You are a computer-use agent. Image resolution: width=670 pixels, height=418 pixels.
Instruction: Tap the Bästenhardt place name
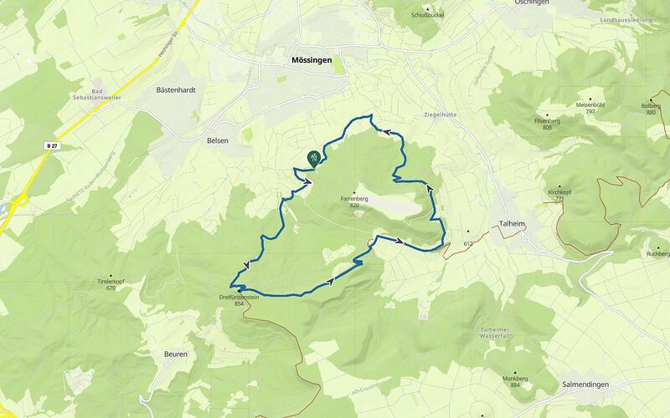[175, 89]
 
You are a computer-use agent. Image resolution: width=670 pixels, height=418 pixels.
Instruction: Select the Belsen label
[218, 141]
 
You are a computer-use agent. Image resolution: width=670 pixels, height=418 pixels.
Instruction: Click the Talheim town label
[513, 224]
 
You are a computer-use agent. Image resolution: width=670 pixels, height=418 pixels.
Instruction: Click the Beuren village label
[174, 354]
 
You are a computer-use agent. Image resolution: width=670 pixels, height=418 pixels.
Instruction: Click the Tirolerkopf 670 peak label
[111, 284]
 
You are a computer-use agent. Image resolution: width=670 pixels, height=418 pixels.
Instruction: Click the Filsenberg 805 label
[547, 123]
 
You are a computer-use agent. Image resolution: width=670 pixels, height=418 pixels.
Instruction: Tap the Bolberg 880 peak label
[651, 109]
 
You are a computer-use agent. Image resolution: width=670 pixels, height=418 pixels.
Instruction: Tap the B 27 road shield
[53, 145]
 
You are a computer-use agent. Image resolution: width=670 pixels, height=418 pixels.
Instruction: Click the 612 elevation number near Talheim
[469, 243]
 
